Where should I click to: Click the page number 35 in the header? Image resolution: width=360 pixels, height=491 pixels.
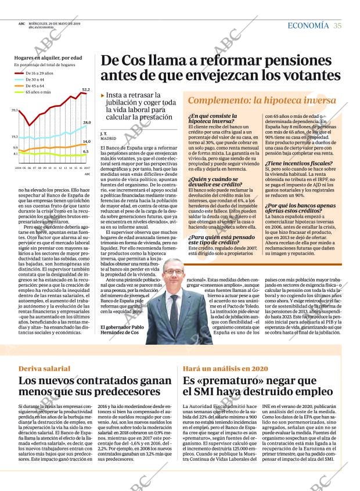[x=337, y=26]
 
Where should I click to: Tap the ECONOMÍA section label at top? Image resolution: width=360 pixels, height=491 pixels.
[x=308, y=26]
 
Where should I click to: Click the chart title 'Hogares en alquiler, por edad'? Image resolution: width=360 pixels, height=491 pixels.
[x=48, y=58]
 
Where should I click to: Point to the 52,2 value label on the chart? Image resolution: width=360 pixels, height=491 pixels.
[x=86, y=89]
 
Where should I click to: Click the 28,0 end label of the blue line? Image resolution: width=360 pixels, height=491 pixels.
[x=87, y=122]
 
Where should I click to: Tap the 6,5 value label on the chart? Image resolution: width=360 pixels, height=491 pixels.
[x=86, y=151]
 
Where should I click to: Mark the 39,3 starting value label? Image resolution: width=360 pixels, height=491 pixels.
[x=15, y=110]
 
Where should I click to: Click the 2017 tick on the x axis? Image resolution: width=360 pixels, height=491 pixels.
[x=87, y=167]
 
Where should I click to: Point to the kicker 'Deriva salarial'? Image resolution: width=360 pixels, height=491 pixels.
[x=44, y=369]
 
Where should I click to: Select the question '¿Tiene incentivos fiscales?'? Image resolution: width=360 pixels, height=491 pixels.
[x=298, y=164]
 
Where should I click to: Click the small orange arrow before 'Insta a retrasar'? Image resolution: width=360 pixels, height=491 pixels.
[x=103, y=95]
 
